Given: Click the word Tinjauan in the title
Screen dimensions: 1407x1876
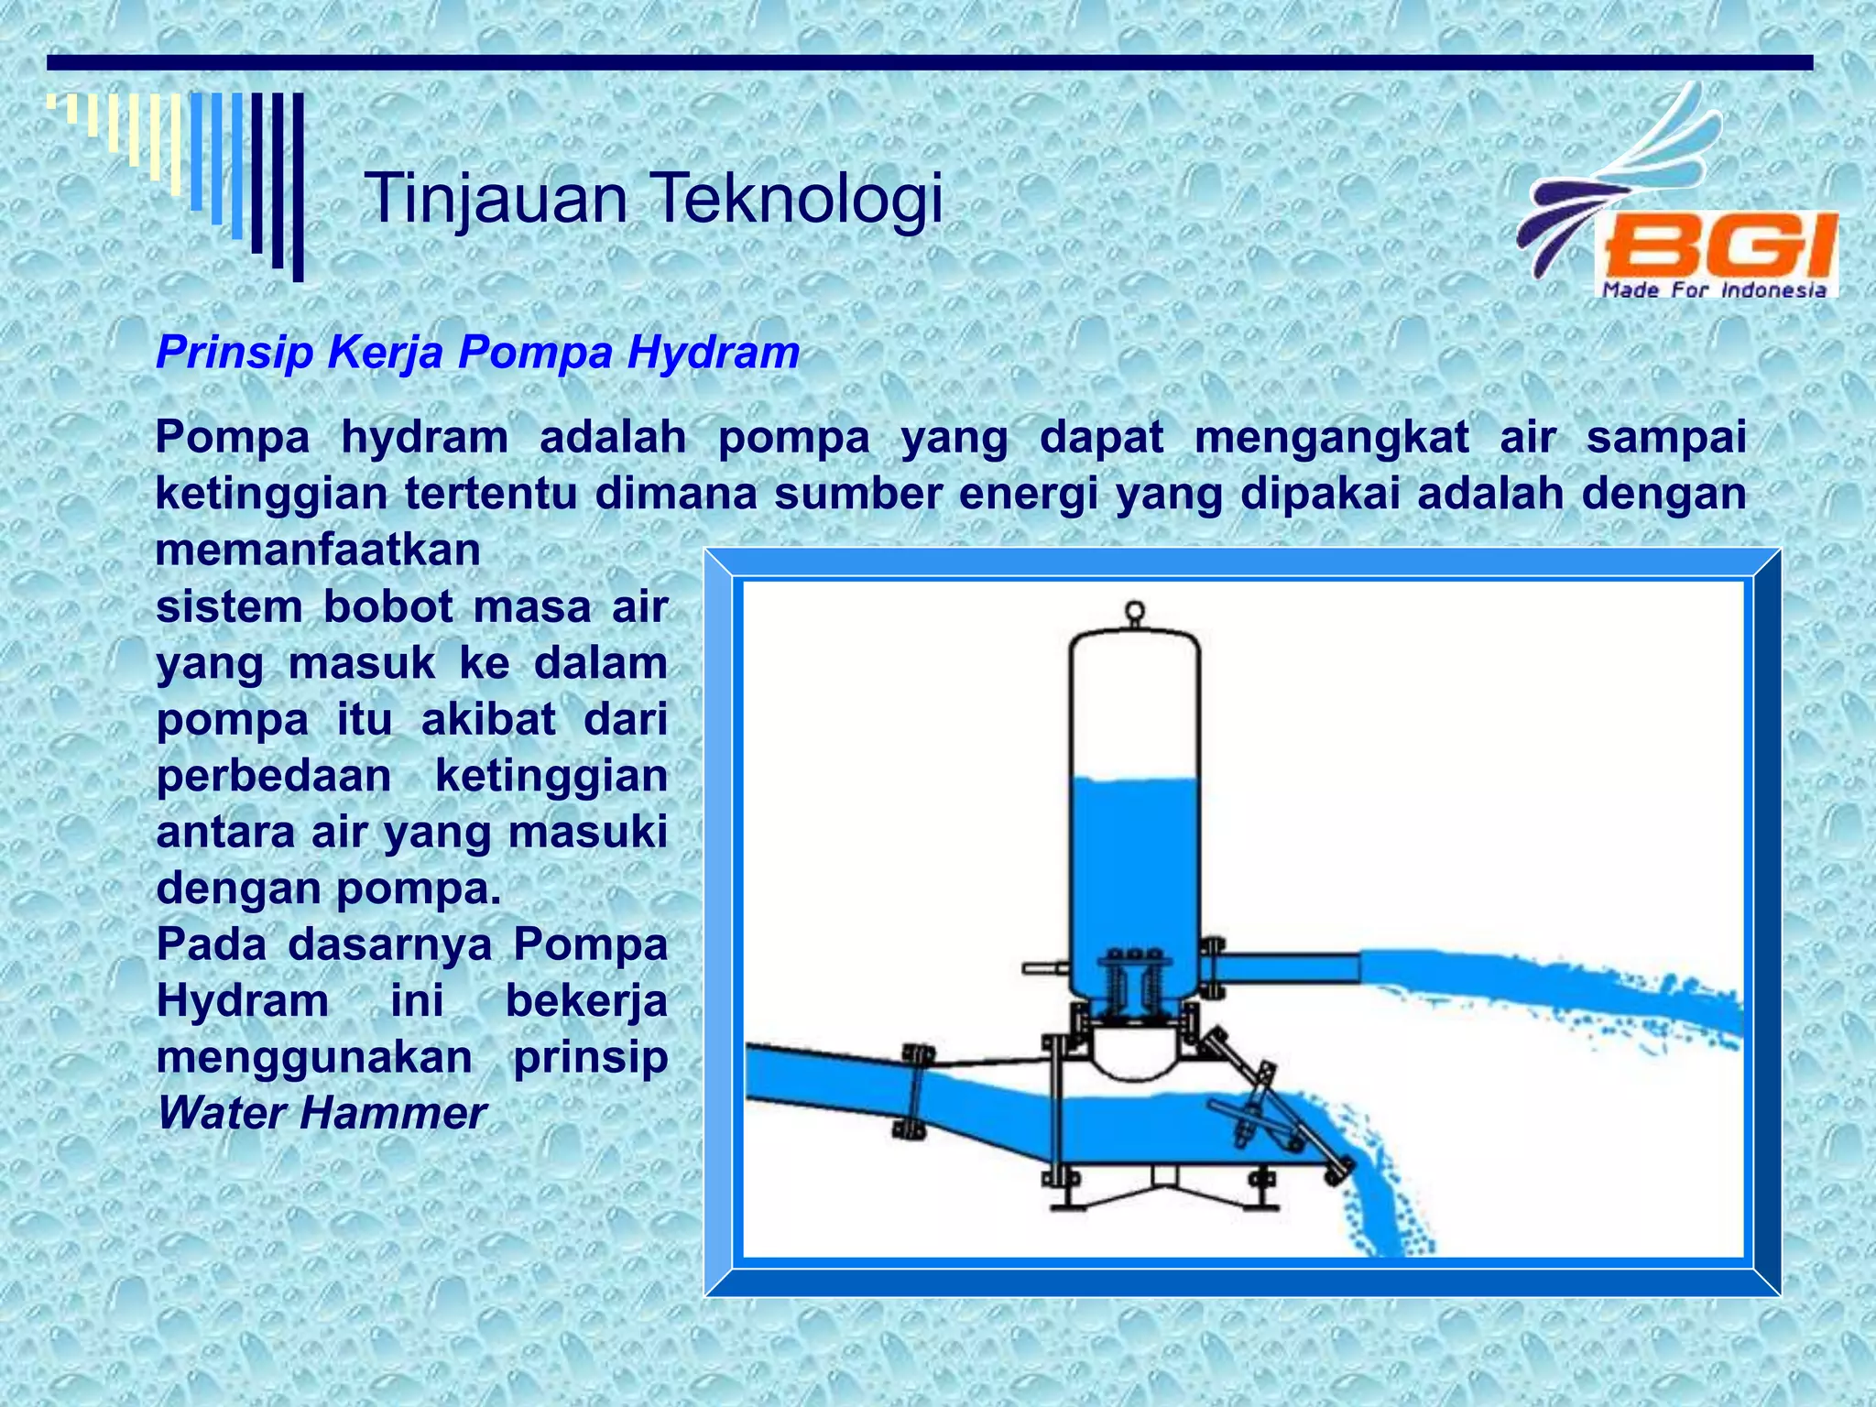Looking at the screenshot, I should (x=496, y=199).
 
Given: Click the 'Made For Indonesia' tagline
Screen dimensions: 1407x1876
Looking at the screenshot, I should (x=1714, y=290).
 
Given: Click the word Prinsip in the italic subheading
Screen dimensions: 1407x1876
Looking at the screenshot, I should (x=234, y=353).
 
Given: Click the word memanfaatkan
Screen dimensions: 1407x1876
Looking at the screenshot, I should (x=318, y=551).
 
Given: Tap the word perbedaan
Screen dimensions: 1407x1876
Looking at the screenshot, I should (x=274, y=777).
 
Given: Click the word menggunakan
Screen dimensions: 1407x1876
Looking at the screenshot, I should (x=314, y=1058).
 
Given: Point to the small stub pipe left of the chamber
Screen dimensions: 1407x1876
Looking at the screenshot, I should (x=1045, y=967).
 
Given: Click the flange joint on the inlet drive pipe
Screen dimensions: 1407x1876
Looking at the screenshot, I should (x=913, y=1090).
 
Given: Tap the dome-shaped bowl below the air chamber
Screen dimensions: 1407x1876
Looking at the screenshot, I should (x=1134, y=1053).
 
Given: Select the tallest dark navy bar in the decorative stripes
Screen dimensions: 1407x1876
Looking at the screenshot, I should (x=298, y=187).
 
